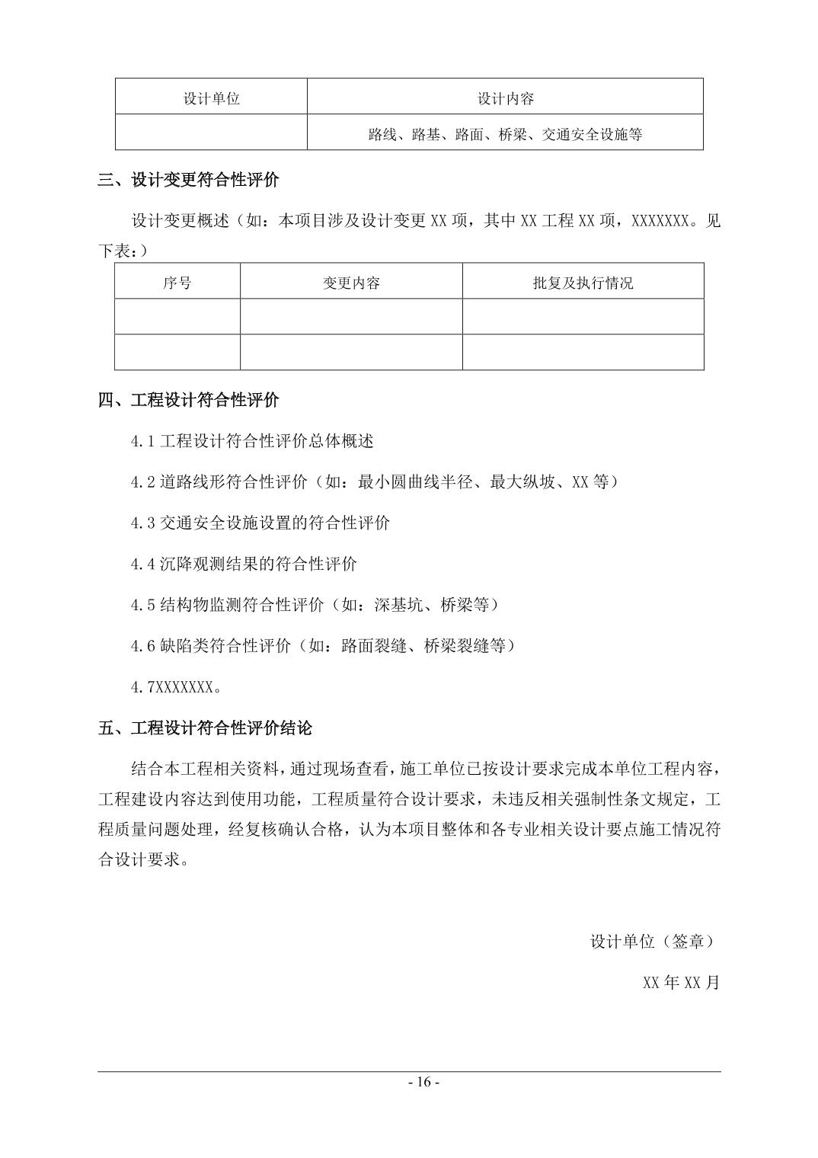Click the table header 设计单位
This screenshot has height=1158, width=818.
(x=211, y=98)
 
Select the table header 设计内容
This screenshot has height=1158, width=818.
(x=505, y=98)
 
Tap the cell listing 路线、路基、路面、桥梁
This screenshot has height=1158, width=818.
(x=505, y=135)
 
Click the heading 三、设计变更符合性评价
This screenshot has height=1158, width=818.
(x=188, y=181)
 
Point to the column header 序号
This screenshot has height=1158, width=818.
(x=177, y=283)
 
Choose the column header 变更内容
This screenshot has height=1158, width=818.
(x=351, y=283)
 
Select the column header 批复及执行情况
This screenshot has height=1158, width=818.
(x=583, y=283)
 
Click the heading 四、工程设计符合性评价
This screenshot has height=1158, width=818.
(x=188, y=400)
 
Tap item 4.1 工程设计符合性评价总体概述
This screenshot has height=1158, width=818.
(x=252, y=441)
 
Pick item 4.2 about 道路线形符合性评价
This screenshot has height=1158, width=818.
(x=374, y=482)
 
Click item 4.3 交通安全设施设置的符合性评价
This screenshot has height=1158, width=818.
(x=260, y=523)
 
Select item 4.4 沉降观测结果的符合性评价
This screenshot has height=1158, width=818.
(x=244, y=565)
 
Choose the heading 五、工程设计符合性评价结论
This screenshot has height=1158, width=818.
(x=205, y=728)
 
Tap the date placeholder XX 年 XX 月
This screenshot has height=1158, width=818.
(x=681, y=983)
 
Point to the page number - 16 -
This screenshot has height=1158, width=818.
(x=423, y=1082)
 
